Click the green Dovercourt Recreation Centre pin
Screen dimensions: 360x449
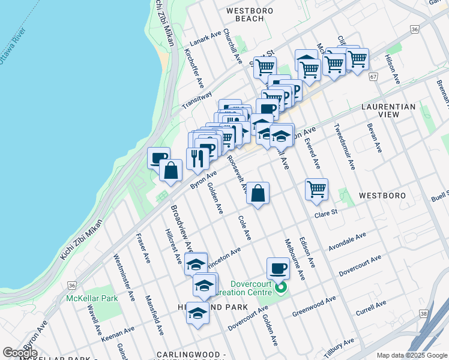click(x=280, y=290)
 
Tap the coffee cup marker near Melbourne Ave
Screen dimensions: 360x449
click(x=278, y=268)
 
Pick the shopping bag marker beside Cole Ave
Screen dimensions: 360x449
click(x=258, y=193)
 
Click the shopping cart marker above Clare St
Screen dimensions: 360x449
click(x=316, y=190)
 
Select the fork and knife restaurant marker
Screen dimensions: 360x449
click(x=197, y=158)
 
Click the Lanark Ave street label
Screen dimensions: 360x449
click(x=206, y=39)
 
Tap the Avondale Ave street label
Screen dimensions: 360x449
click(x=347, y=242)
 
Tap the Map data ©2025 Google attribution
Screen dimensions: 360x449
click(x=411, y=355)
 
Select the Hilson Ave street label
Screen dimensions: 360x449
click(x=393, y=70)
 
